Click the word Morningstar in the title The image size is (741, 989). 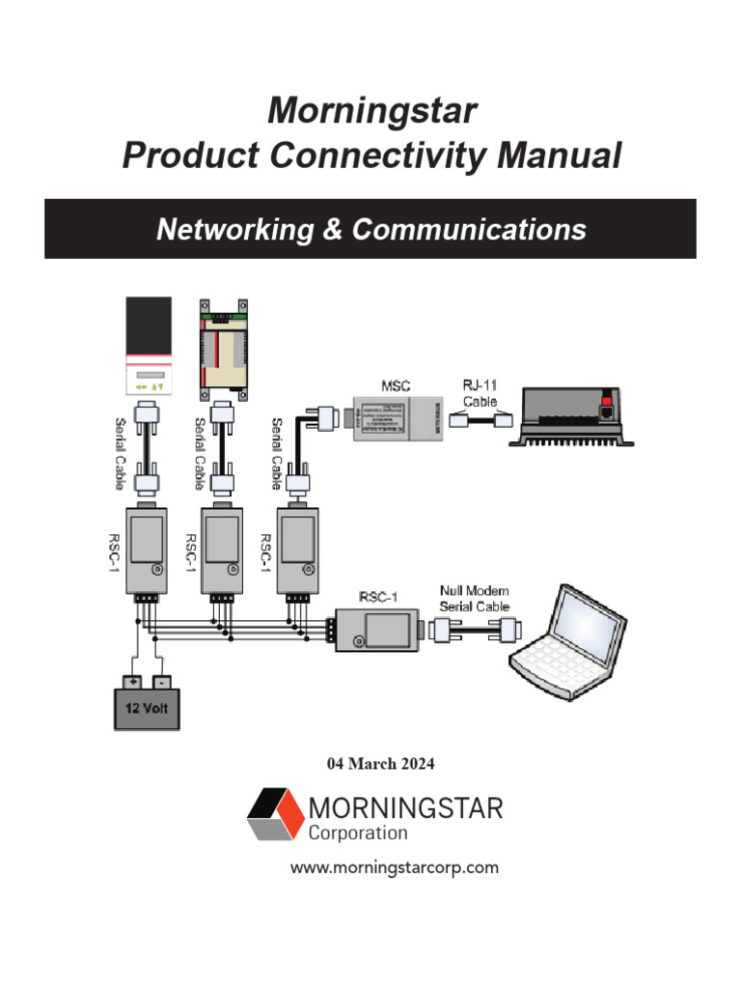(x=371, y=111)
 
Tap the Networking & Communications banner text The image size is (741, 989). (x=370, y=230)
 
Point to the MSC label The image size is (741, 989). (x=395, y=385)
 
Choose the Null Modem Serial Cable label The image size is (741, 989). (x=474, y=598)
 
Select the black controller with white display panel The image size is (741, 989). (x=150, y=346)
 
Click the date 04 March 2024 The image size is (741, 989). (x=381, y=764)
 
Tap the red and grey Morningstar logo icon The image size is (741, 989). (x=275, y=814)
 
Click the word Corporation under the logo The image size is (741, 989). (x=358, y=833)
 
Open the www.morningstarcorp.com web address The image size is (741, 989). (x=395, y=867)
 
